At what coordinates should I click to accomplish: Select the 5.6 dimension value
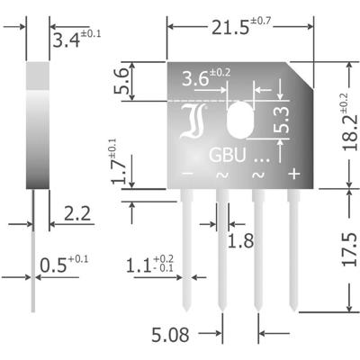pos(133,85)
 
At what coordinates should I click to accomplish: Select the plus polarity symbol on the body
pos(292,173)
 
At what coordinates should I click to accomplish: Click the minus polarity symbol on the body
pos(187,173)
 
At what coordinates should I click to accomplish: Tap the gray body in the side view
pos(35,126)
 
